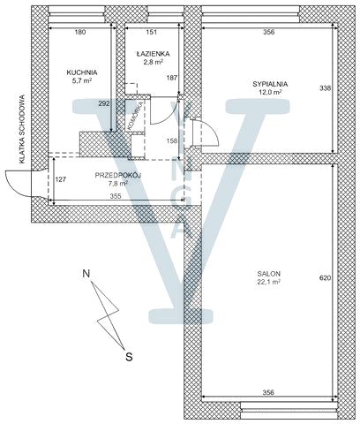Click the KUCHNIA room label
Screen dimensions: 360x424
(82, 72)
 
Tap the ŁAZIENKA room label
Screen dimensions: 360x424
(153, 54)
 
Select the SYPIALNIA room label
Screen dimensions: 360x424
(270, 84)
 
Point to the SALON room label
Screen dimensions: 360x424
(268, 273)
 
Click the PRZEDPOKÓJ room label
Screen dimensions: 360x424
(118, 176)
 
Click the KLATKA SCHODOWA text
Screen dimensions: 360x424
(21, 129)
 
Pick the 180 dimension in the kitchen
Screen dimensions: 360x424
(80, 32)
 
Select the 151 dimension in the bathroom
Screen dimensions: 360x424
(152, 32)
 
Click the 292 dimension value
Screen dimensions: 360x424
(104, 103)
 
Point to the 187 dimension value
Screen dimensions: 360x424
(172, 78)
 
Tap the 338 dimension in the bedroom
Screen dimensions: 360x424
(326, 88)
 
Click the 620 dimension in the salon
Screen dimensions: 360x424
(326, 277)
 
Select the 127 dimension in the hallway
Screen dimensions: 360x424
(61, 179)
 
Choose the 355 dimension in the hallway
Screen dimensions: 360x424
(116, 196)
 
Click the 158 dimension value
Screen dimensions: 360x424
(172, 140)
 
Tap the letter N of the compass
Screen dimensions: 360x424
(86, 273)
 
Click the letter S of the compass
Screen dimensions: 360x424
(129, 357)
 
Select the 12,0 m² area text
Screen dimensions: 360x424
(270, 92)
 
